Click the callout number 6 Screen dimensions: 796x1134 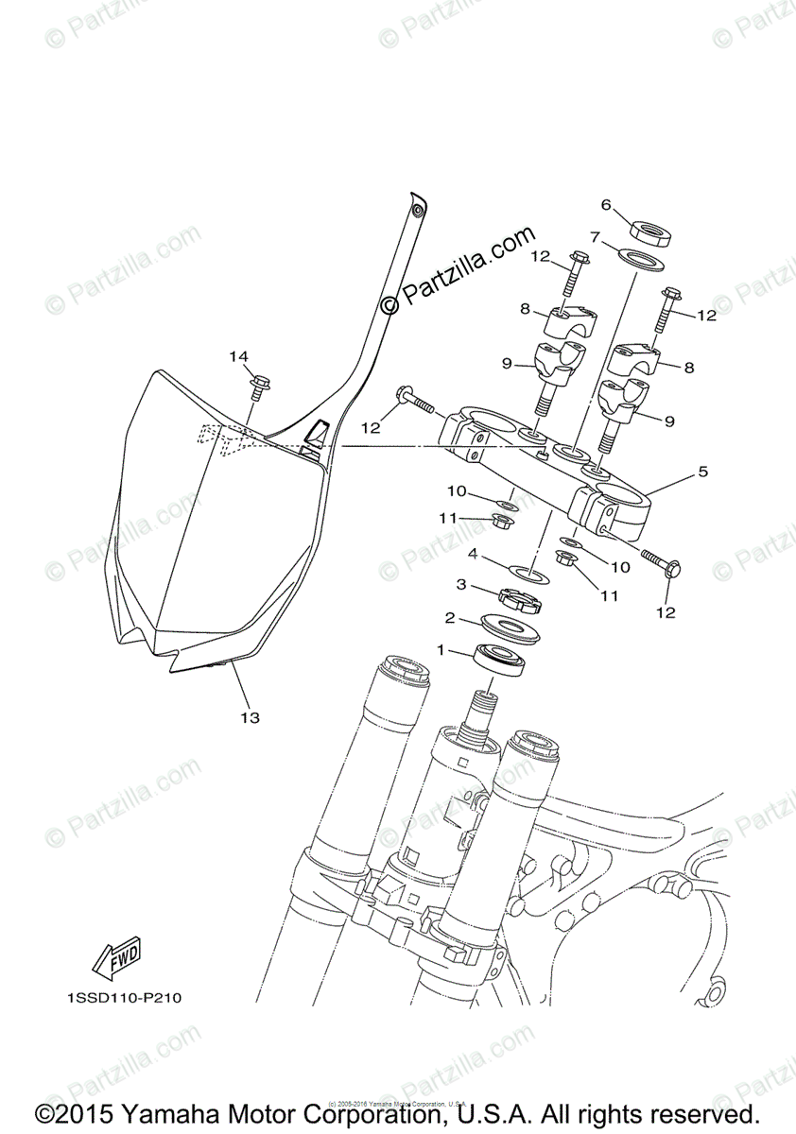tap(606, 204)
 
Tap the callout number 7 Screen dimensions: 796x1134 tap(621, 236)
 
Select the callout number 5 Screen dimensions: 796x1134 tap(702, 471)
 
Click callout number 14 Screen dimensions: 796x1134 tap(238, 356)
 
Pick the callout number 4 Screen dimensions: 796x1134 tap(471, 554)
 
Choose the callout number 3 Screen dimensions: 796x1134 tap(461, 585)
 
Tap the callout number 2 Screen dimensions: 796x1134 tap(451, 618)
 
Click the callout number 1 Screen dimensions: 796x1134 tap(441, 649)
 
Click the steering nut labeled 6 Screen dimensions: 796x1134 tap(649, 232)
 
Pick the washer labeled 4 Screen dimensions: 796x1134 tap(528, 572)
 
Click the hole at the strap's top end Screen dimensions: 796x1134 tap(417, 207)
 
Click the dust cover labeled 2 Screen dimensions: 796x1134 tap(510, 626)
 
